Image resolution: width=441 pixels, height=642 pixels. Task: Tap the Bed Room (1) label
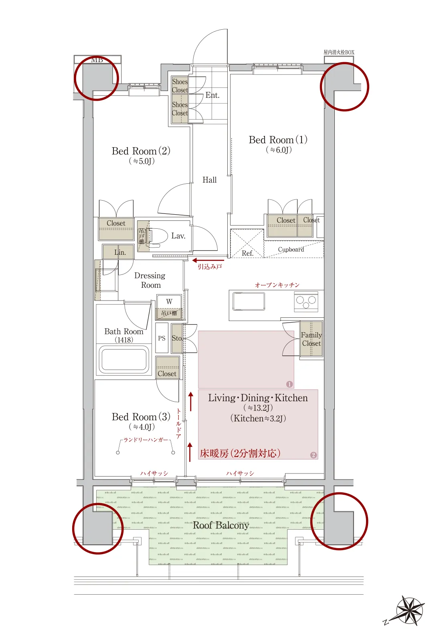[278, 140]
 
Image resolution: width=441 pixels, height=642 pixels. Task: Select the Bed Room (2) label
[141, 151]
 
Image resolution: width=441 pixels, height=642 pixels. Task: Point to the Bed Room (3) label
[141, 417]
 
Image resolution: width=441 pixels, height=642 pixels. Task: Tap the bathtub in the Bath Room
[124, 359]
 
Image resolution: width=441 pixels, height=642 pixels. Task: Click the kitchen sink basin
[249, 301]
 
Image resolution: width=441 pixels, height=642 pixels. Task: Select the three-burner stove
[306, 302]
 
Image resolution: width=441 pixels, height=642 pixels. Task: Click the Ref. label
[247, 253]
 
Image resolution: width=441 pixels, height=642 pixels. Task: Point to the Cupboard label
[291, 250]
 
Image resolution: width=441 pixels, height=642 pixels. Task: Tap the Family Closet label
[312, 339]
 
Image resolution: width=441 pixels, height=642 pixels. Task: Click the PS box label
[162, 338]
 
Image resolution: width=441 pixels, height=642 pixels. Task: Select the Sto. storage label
[177, 338]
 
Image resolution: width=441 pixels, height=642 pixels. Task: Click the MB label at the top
[97, 60]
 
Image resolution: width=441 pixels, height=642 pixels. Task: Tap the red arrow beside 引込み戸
[208, 260]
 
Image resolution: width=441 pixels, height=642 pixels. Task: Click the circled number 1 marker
[289, 384]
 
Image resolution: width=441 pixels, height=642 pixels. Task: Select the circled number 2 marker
[314, 455]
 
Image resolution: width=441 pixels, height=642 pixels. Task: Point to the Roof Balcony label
[221, 525]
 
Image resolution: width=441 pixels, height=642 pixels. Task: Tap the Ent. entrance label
[212, 95]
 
